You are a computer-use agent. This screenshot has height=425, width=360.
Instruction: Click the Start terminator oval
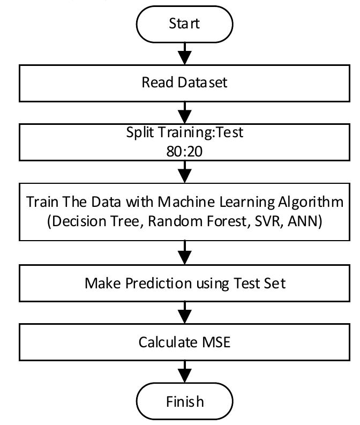pyautogui.click(x=184, y=23)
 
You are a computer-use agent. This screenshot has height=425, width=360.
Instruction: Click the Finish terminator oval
pyautogui.click(x=184, y=401)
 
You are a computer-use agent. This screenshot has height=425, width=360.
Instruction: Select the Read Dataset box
pyautogui.click(x=184, y=83)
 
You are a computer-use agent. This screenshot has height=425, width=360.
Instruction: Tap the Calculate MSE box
pyautogui.click(x=184, y=341)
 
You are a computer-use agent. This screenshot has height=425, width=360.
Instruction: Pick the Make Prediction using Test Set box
pyautogui.click(x=184, y=283)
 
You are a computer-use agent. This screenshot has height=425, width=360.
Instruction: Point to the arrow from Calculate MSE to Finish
pyautogui.click(x=184, y=371)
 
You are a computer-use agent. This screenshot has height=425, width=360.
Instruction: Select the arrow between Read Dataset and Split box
pyautogui.click(x=184, y=112)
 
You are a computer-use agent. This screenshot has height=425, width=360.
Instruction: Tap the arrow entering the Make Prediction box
pyautogui.click(x=184, y=252)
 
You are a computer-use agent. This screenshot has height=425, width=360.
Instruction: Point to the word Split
pyautogui.click(x=139, y=132)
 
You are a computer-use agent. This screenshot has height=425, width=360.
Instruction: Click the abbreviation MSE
pyautogui.click(x=214, y=341)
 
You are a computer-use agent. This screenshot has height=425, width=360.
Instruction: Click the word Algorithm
pyautogui.click(x=313, y=203)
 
